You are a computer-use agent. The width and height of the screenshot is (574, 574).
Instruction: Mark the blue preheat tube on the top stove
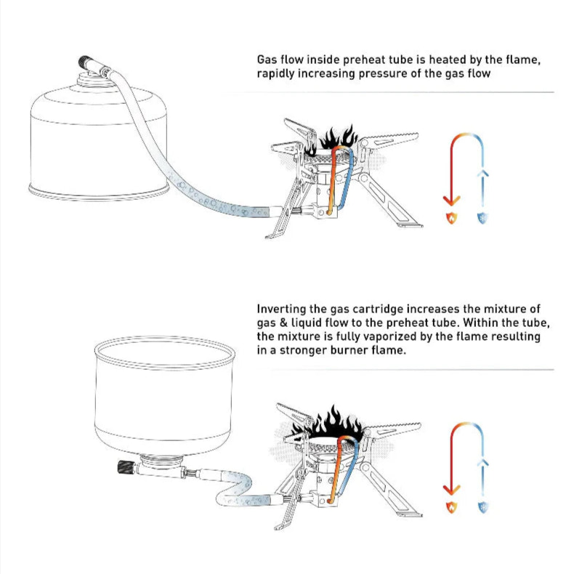pos(349,182)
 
